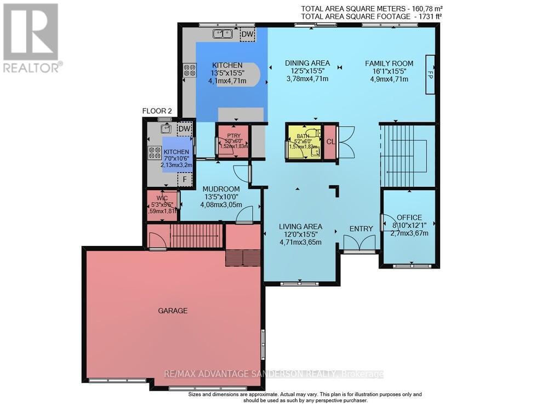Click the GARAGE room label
point(173,311)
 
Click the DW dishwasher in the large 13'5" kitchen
point(247,34)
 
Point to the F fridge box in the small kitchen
point(185,179)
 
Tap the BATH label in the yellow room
point(303,136)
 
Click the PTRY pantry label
point(233,133)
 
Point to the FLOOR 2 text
point(157,111)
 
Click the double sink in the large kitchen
point(223,34)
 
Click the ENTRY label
point(361,228)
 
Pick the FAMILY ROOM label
point(389,64)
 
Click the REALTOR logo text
point(32,67)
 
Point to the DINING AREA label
point(307,64)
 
